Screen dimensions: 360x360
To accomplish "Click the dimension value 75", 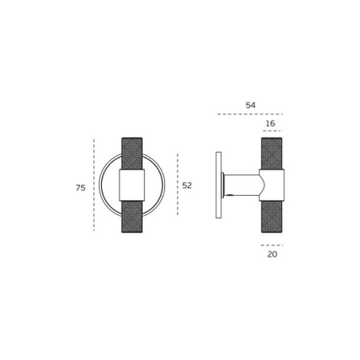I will pos(80,188).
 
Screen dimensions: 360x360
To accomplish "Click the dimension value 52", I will pos(187,186).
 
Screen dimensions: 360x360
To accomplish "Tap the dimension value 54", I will pos(251,105).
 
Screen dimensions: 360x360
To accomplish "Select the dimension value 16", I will pos(271,123).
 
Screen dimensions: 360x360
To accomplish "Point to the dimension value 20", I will pos(272,254).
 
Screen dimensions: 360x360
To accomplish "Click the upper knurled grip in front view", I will pos(132,154).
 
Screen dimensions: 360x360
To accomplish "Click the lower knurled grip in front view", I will pos(132,216).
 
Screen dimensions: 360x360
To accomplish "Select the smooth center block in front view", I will pos(132,185).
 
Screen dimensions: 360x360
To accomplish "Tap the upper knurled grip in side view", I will pos(272,154).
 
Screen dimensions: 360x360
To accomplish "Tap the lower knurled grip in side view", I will pos(272,216).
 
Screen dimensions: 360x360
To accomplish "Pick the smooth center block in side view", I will pos(272,185).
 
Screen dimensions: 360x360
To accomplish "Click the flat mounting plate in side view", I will pos(218,185).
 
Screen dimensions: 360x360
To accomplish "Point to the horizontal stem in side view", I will pos(243,185).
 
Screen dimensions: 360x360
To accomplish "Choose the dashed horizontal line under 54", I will pos(250,114).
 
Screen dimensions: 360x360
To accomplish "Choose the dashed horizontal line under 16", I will pos(272,131).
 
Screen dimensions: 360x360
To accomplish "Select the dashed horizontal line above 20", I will pos(272,245).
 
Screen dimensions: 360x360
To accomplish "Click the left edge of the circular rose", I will pos(100,185).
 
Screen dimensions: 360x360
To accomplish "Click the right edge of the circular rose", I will pos(164,185).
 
